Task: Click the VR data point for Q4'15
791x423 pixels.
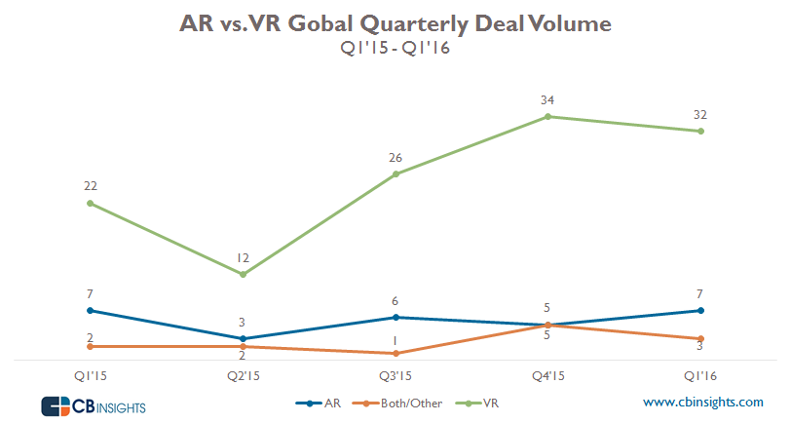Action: coord(548,117)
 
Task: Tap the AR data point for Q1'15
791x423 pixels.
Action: coord(90,310)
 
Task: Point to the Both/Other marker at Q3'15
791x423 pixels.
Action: coord(395,353)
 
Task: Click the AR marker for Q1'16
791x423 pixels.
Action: coord(701,310)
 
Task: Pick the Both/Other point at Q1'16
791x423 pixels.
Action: coord(701,338)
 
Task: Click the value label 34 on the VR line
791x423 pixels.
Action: coord(548,99)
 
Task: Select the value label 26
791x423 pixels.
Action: coord(395,157)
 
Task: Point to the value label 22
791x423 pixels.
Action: coord(90,186)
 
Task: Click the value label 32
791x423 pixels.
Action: coord(701,114)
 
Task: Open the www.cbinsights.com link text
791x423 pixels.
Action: coord(702,402)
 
